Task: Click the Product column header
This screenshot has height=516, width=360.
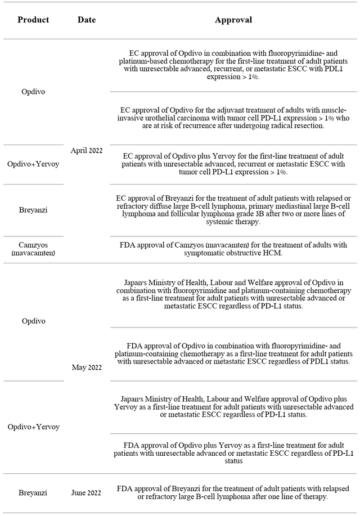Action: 33,20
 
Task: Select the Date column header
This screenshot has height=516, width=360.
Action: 87,20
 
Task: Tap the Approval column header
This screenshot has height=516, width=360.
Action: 233,20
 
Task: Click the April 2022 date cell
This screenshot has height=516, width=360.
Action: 87,150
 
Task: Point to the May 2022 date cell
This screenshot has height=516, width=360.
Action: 87,367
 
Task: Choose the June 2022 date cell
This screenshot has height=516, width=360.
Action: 87,493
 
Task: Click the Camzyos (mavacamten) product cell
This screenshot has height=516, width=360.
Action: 33,249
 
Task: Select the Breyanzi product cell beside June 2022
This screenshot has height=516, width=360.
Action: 33,493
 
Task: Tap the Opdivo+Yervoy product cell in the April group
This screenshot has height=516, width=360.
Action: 33,164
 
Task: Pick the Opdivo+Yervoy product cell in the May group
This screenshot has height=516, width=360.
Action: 33,427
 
